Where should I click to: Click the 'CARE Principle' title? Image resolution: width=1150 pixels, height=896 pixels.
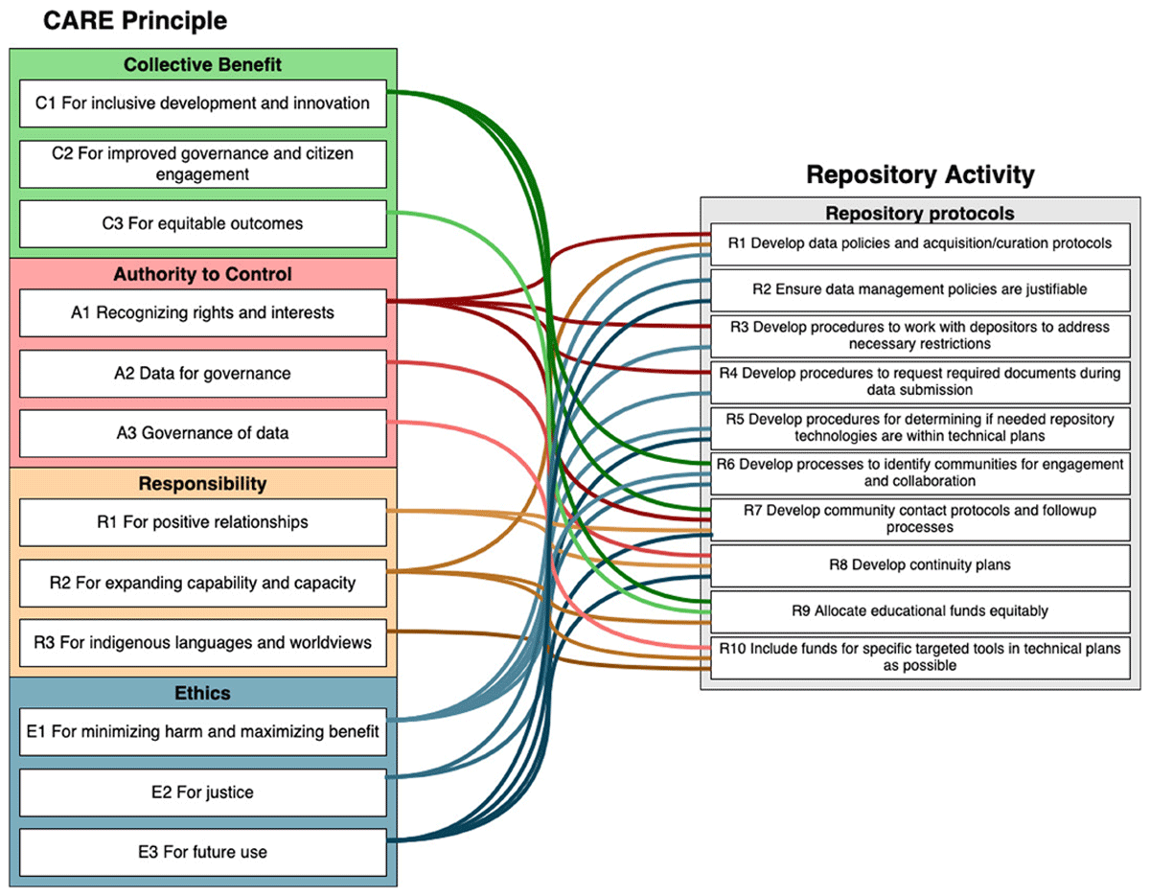click(x=135, y=21)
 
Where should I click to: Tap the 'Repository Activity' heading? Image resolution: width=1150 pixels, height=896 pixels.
click(x=920, y=174)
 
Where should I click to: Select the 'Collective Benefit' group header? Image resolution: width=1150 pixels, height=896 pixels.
click(x=203, y=64)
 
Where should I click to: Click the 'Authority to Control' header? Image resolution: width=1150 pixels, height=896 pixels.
click(x=203, y=274)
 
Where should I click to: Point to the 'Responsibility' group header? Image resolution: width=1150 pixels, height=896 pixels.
click(x=203, y=484)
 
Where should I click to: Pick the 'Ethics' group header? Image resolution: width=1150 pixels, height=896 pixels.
click(x=203, y=693)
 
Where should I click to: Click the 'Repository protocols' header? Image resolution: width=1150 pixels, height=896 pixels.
click(x=920, y=214)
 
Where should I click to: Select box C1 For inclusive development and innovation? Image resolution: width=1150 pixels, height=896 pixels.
click(x=203, y=103)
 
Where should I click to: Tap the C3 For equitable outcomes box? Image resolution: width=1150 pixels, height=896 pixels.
click(x=203, y=223)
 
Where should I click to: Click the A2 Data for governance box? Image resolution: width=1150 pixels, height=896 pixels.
click(x=203, y=374)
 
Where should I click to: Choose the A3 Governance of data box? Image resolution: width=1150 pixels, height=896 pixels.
click(x=203, y=433)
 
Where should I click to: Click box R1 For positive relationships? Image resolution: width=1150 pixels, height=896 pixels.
click(x=203, y=522)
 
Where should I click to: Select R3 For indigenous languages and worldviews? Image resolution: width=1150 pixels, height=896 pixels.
click(x=203, y=643)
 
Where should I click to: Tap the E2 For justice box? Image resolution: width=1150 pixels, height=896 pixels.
click(x=203, y=793)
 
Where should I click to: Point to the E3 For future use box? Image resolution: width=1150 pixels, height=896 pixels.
click(x=203, y=853)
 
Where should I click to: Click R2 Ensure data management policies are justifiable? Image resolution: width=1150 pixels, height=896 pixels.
click(x=920, y=290)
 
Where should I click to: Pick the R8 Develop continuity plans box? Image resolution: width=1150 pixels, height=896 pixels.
click(x=920, y=565)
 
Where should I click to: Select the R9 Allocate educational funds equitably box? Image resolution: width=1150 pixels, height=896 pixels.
click(x=920, y=611)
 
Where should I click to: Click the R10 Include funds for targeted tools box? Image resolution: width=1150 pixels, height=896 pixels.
click(x=920, y=657)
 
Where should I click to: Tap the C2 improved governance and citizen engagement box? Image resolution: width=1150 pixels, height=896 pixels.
click(x=203, y=164)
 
